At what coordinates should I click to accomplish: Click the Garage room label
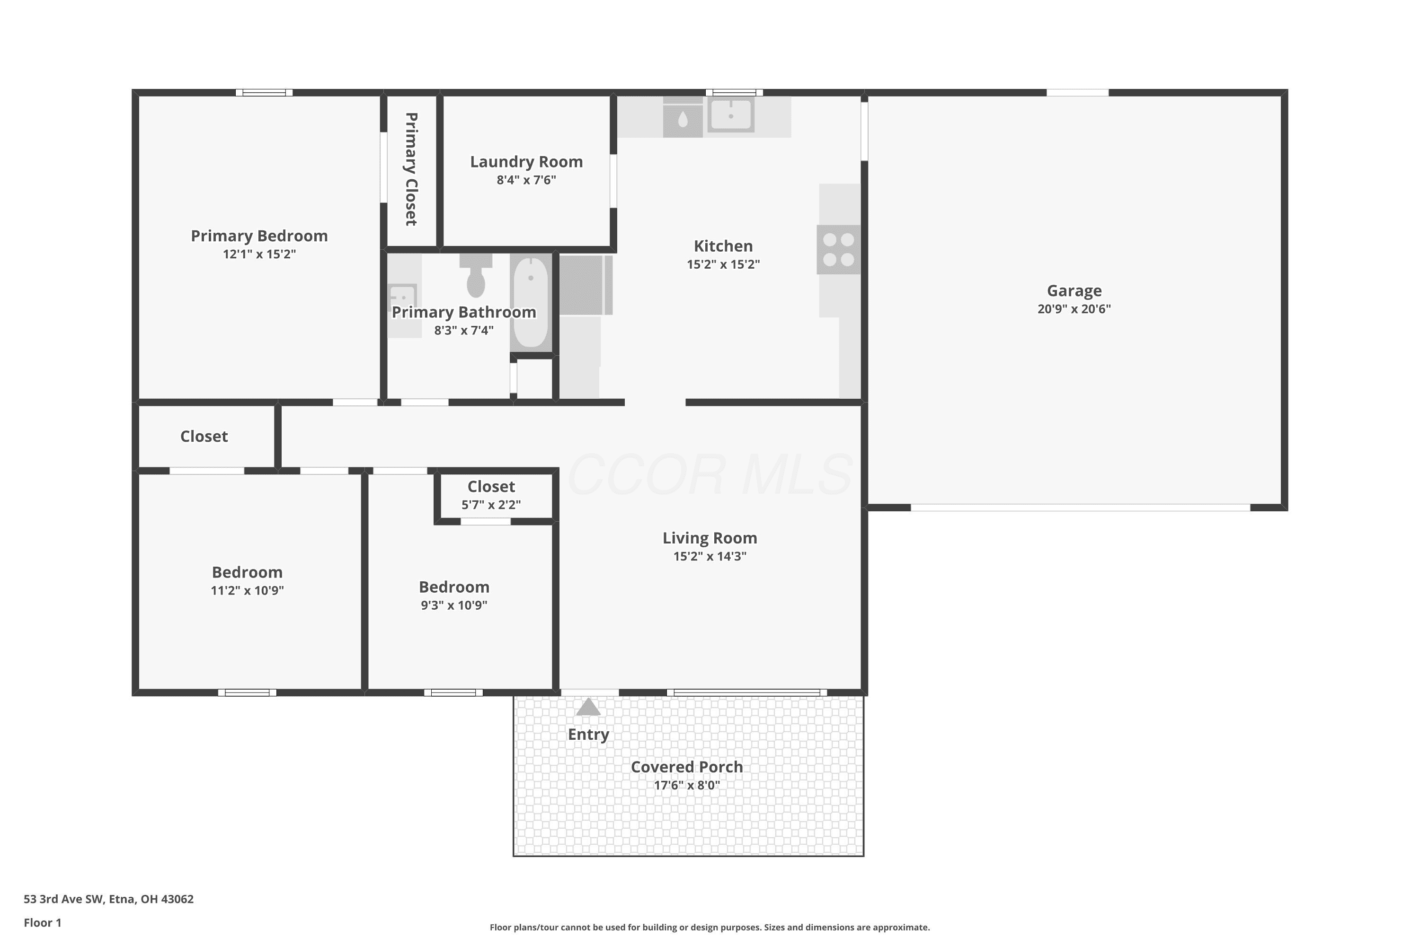point(1074,291)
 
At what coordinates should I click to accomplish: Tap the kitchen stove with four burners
point(839,250)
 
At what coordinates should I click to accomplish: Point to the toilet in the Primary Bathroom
point(476,275)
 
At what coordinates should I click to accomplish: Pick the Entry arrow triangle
point(589,707)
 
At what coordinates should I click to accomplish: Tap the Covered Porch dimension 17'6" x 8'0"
point(687,785)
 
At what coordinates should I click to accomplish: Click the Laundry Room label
point(526,162)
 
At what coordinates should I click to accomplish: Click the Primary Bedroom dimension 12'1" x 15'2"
point(259,254)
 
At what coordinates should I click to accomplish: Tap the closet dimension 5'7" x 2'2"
point(491,504)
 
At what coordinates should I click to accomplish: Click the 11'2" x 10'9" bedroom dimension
point(248,590)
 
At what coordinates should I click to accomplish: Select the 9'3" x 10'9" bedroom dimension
point(454,605)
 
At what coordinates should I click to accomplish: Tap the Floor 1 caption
point(43,922)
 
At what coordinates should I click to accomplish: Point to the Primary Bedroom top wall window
point(264,92)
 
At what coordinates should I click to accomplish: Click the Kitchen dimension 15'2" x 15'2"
point(723,264)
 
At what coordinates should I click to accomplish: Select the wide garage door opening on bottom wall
point(1080,508)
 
